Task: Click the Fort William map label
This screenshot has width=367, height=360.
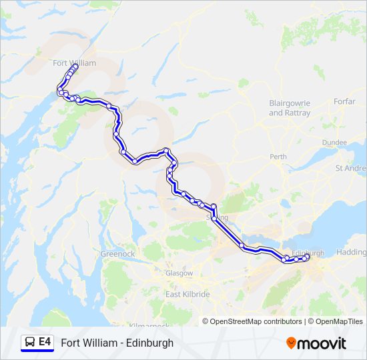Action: pyautogui.click(x=74, y=63)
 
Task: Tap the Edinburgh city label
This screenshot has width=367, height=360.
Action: pyautogui.click(x=308, y=253)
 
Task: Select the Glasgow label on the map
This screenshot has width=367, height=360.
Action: pyautogui.click(x=179, y=273)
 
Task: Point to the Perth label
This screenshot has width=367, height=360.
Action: pyautogui.click(x=278, y=157)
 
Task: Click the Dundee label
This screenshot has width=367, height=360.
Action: pyautogui.click(x=334, y=143)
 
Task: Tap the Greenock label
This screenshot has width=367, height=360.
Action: pyautogui.click(x=117, y=254)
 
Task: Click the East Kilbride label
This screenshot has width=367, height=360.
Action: pyautogui.click(x=188, y=294)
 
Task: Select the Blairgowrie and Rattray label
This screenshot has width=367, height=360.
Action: pyautogui.click(x=290, y=108)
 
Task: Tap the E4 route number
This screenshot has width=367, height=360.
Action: pyautogui.click(x=45, y=343)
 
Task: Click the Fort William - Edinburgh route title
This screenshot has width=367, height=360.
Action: pyautogui.click(x=117, y=343)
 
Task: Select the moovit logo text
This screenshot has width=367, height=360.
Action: pyautogui.click(x=323, y=343)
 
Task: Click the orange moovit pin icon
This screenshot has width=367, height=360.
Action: pyautogui.click(x=291, y=343)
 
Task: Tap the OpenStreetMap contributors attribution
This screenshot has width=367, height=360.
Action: pyautogui.click(x=256, y=321)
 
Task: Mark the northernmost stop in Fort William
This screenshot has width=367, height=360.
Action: pyautogui.click(x=74, y=66)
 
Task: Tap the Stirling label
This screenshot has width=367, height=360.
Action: pyautogui.click(x=217, y=218)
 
